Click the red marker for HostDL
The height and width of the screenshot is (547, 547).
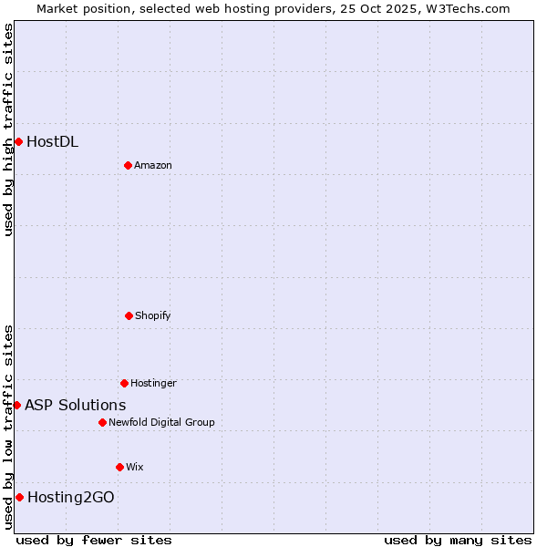(18, 141)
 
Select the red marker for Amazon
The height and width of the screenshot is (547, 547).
(128, 165)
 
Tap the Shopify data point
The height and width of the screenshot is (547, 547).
(129, 315)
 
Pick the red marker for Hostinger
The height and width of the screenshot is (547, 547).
(124, 383)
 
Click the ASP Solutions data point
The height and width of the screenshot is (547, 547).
(16, 405)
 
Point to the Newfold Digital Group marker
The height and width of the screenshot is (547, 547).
(102, 422)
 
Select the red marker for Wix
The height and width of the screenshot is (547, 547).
(119, 467)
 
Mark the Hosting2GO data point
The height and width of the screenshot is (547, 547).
(19, 497)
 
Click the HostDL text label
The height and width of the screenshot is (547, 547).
(52, 141)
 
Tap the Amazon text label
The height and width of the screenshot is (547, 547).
(152, 165)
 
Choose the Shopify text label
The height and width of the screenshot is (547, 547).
(152, 315)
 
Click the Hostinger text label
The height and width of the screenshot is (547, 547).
(153, 383)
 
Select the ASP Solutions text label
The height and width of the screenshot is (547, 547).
(75, 405)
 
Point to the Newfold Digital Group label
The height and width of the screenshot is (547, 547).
(161, 422)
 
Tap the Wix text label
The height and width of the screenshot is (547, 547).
(135, 467)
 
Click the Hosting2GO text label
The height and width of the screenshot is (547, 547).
(71, 497)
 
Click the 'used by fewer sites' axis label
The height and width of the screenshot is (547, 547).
(94, 540)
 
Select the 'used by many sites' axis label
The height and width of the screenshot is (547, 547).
(458, 540)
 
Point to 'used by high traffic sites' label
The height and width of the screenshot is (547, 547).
(8, 129)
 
